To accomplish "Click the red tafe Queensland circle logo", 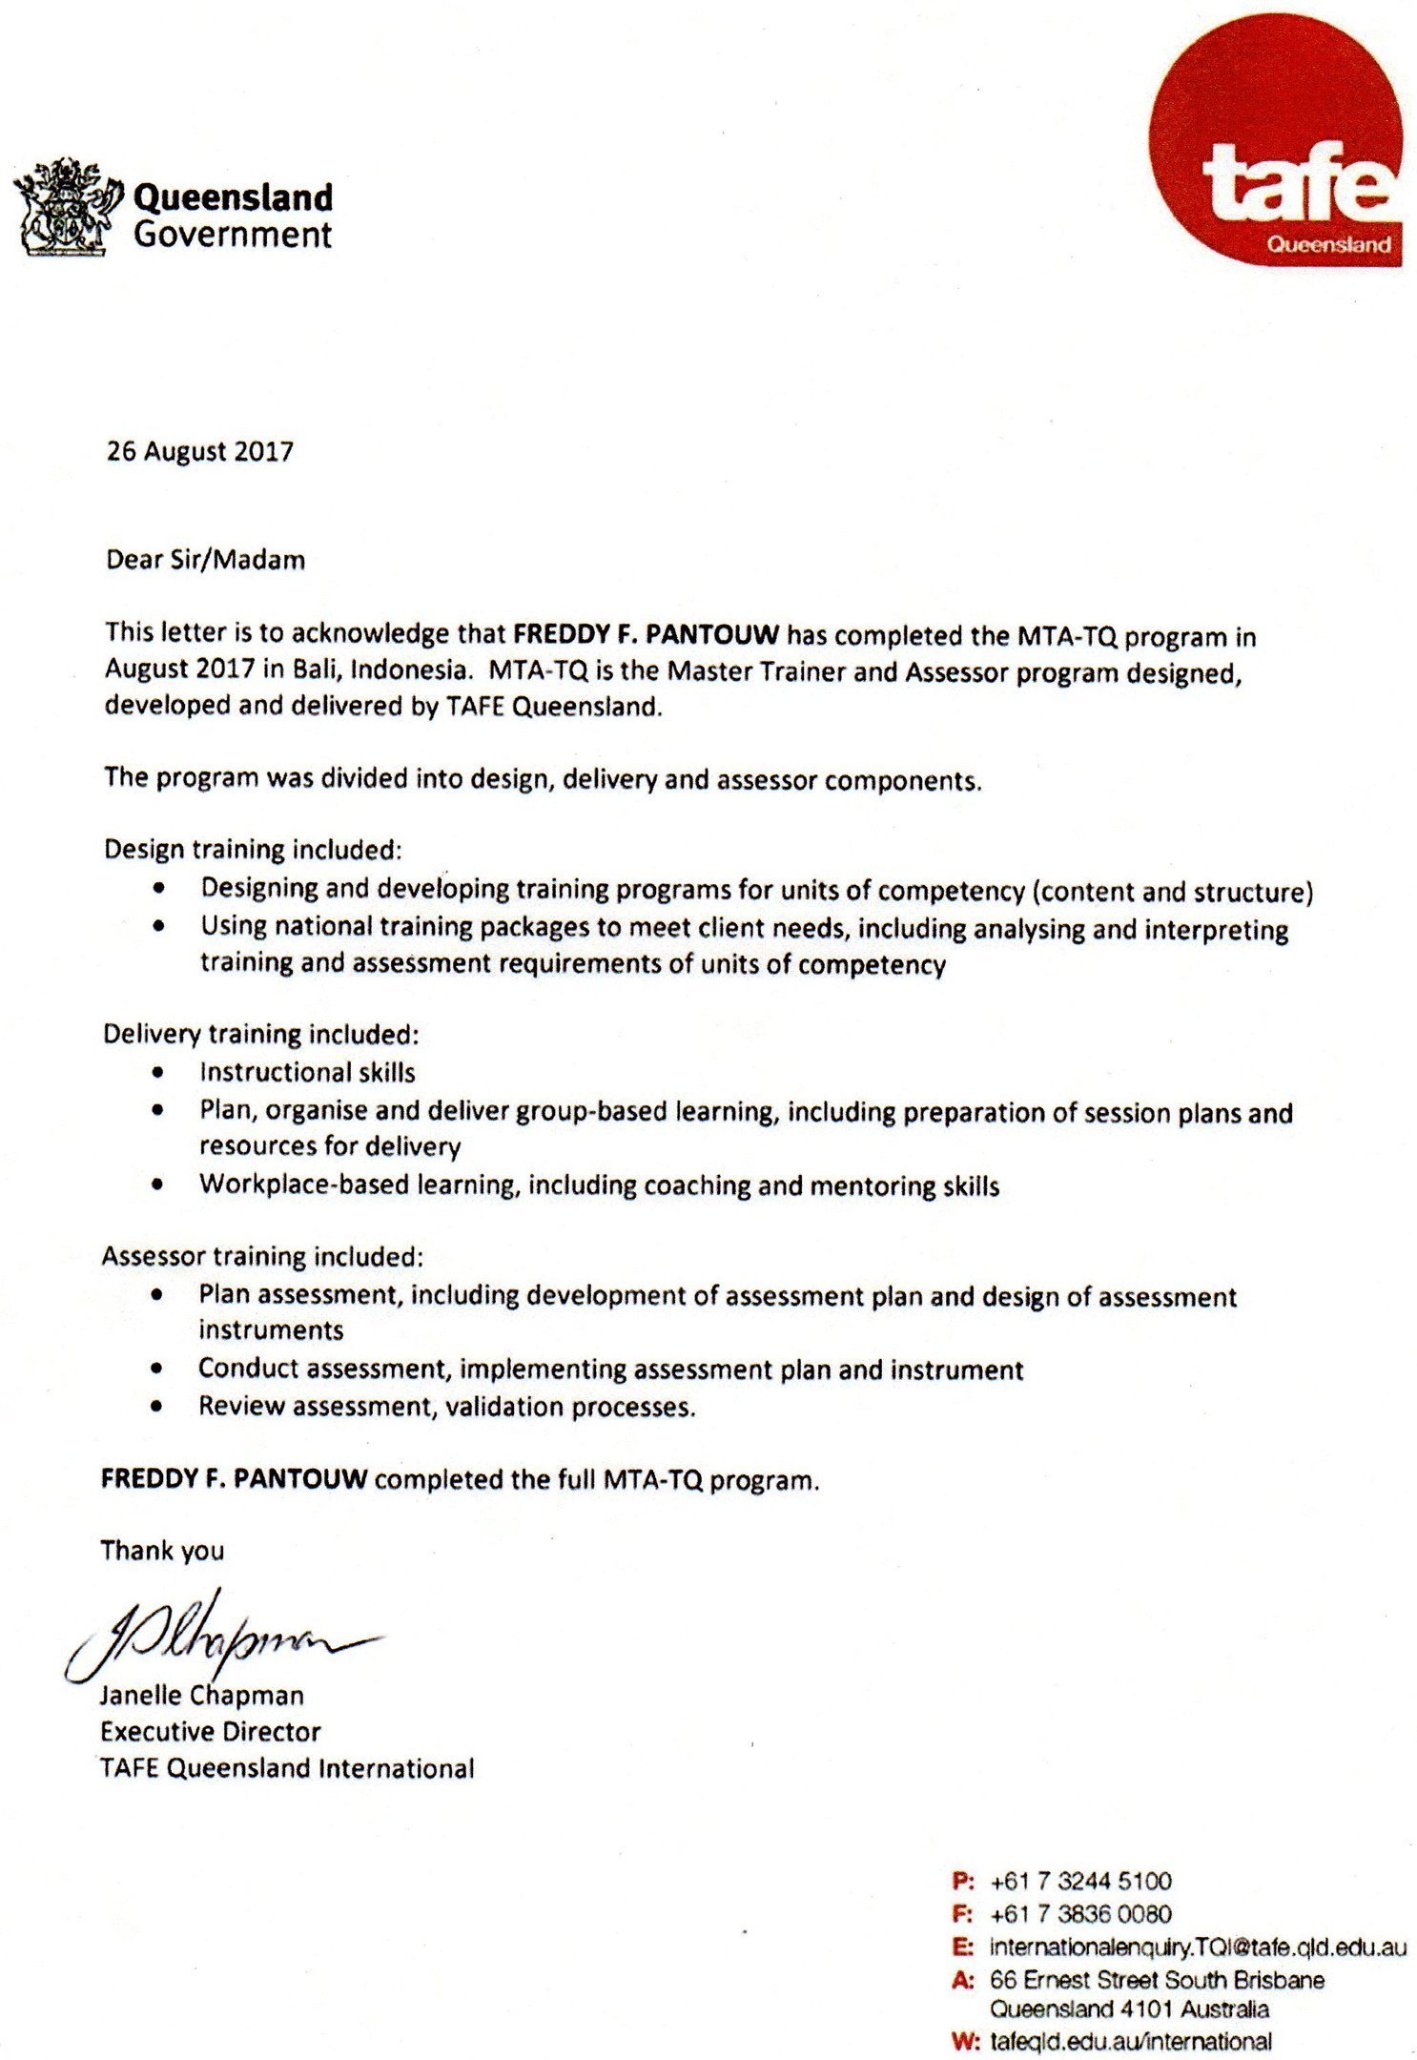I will [x=1276, y=141].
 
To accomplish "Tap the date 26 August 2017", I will [x=199, y=451].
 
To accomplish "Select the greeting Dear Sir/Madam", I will [x=205, y=559].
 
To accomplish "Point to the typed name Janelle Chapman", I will [x=202, y=1696].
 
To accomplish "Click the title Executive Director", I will [x=210, y=1731].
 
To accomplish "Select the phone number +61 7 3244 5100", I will [x=1080, y=1882].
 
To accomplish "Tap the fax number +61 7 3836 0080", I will [x=1080, y=1914].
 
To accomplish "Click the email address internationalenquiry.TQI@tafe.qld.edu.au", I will [x=1198, y=1947].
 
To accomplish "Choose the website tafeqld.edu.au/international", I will [x=1130, y=2042].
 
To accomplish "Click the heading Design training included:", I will [x=253, y=849].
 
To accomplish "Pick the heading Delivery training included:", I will [x=260, y=1034].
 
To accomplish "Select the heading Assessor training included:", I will [x=262, y=1256].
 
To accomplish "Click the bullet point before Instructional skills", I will [x=158, y=1072].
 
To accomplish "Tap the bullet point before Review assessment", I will [x=157, y=1406].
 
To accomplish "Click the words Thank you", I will [x=162, y=1551].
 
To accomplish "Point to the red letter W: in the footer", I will [x=965, y=2042].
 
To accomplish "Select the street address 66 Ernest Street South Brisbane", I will [x=1157, y=1980].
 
